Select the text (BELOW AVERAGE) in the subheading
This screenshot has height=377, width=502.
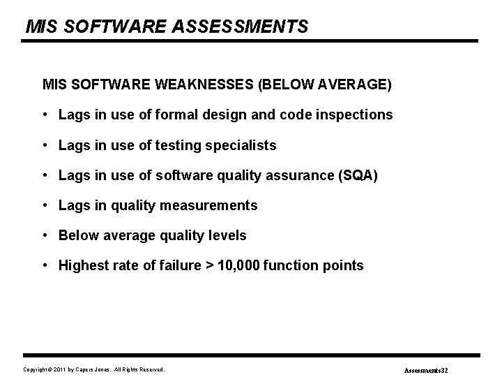[325, 84]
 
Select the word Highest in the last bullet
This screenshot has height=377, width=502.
[82, 265]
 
